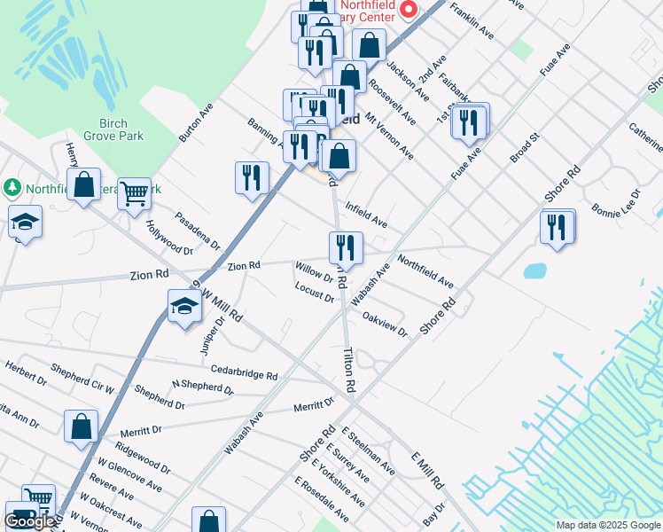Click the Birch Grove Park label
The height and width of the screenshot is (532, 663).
click(113, 129)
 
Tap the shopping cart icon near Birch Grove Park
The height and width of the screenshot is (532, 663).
click(134, 192)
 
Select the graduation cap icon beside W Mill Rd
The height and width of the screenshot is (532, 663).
click(184, 307)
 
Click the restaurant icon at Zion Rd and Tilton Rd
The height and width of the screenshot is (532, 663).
click(345, 247)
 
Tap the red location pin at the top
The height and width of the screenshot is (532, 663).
click(409, 10)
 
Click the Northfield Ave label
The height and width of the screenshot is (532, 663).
click(425, 271)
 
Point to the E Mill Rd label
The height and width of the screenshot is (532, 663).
click(427, 469)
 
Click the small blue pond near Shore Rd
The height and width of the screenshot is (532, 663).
click(535, 270)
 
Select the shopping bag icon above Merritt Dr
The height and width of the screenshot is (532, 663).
click(82, 426)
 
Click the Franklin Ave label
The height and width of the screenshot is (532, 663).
click(472, 20)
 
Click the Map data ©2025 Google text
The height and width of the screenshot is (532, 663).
click(607, 525)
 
